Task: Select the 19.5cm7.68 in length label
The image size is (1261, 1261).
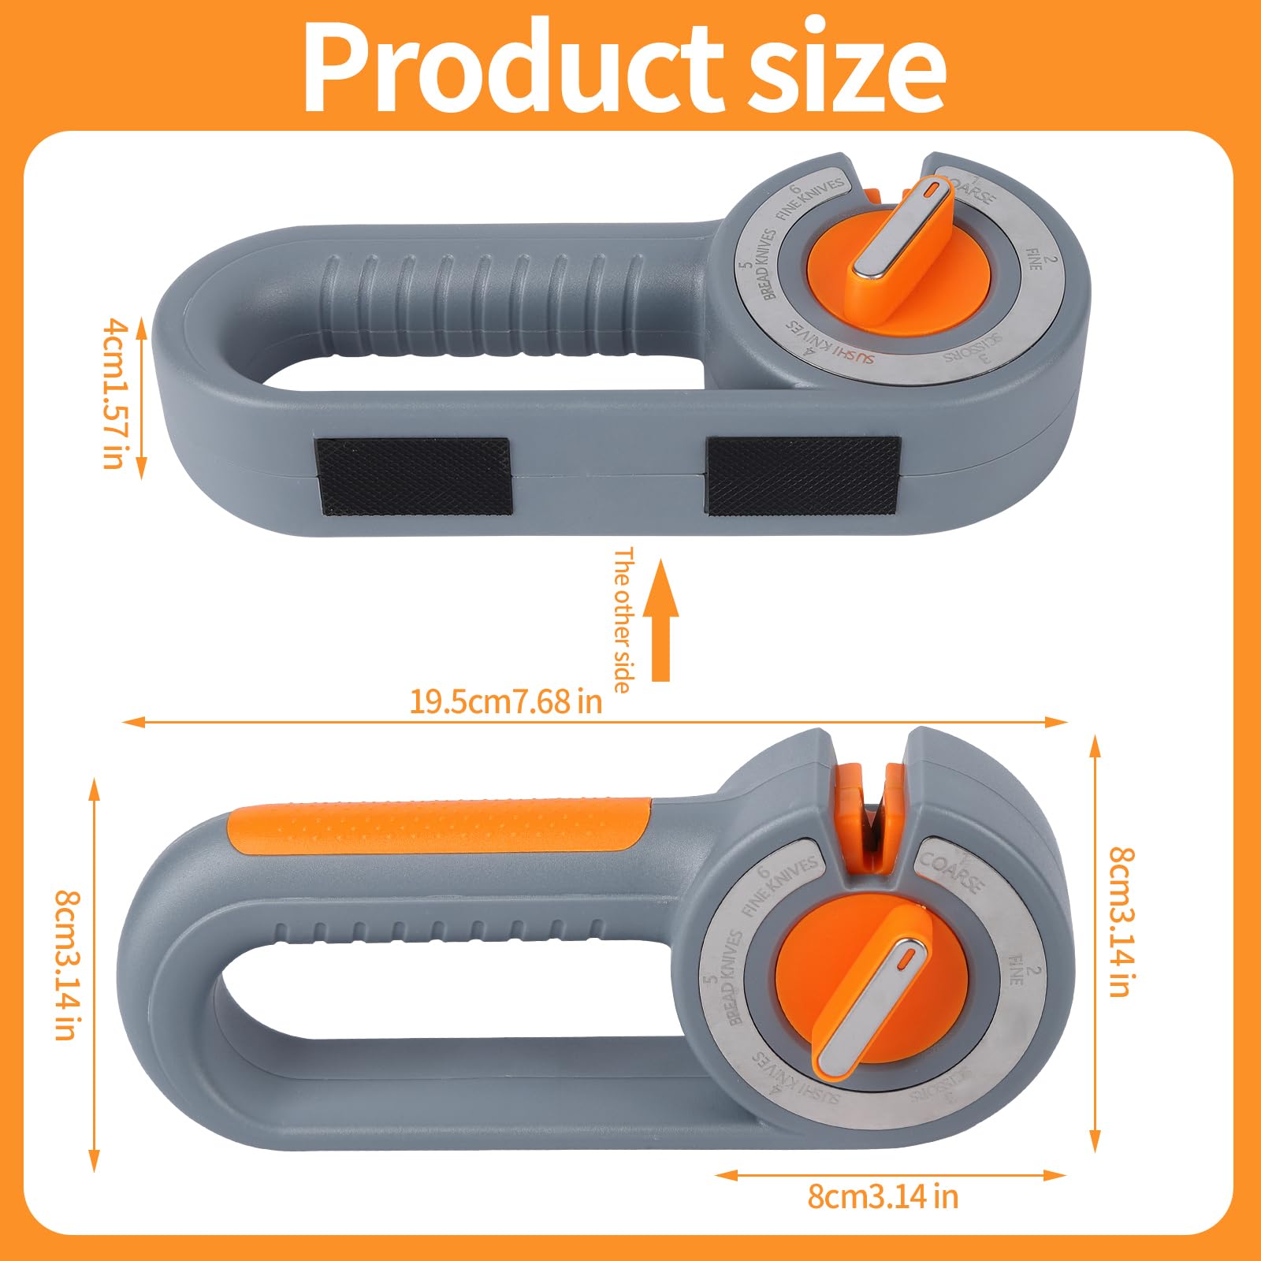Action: click(x=505, y=701)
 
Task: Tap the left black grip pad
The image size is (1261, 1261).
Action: click(x=414, y=476)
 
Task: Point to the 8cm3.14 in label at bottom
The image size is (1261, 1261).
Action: click(x=883, y=1196)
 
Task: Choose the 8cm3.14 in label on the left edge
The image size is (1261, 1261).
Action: click(x=66, y=965)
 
